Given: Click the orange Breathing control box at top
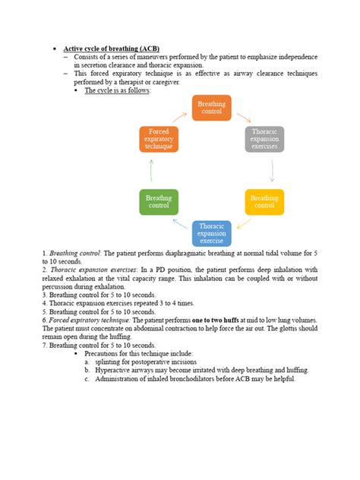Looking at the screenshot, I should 212,108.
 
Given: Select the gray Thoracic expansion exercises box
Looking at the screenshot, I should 264,139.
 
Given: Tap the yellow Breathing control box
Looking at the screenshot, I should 264,201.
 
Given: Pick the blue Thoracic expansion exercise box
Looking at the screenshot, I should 212,233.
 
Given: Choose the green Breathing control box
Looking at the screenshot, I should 159,201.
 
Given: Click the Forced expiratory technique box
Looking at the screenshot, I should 159,139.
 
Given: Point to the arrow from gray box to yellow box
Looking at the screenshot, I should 271,171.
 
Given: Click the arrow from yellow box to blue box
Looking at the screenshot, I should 243,224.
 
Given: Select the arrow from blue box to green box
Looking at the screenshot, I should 180,224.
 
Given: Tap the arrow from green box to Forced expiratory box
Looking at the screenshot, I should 152,171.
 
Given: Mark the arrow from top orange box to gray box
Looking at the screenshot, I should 244,118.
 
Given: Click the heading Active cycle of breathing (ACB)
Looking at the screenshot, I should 111,48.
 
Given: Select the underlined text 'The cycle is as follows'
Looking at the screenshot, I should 117,90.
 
